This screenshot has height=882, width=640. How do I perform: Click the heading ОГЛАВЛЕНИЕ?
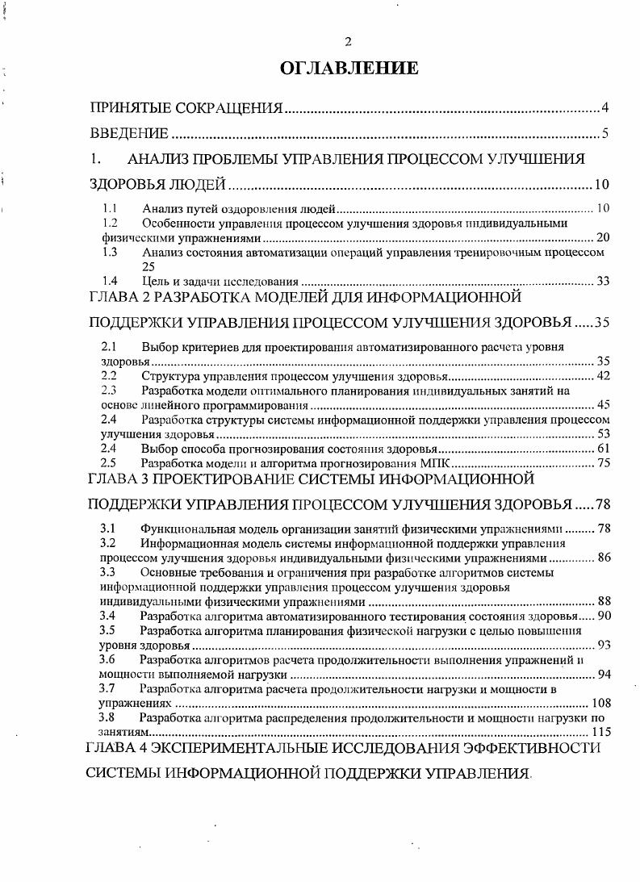point(349,69)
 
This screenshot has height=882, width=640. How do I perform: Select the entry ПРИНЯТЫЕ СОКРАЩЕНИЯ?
point(186,107)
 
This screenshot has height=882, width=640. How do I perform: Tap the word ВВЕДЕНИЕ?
point(129,133)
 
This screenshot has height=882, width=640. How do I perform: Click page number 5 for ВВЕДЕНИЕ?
point(604,133)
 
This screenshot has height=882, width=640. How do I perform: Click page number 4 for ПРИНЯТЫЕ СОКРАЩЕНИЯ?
point(604,107)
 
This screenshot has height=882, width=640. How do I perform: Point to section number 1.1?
point(111,209)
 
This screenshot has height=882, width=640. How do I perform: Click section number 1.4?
point(111,281)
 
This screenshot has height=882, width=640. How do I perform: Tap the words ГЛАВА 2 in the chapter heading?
point(116,298)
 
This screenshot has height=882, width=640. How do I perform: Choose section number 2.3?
point(110,391)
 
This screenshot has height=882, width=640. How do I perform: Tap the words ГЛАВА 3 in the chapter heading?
point(116,480)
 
